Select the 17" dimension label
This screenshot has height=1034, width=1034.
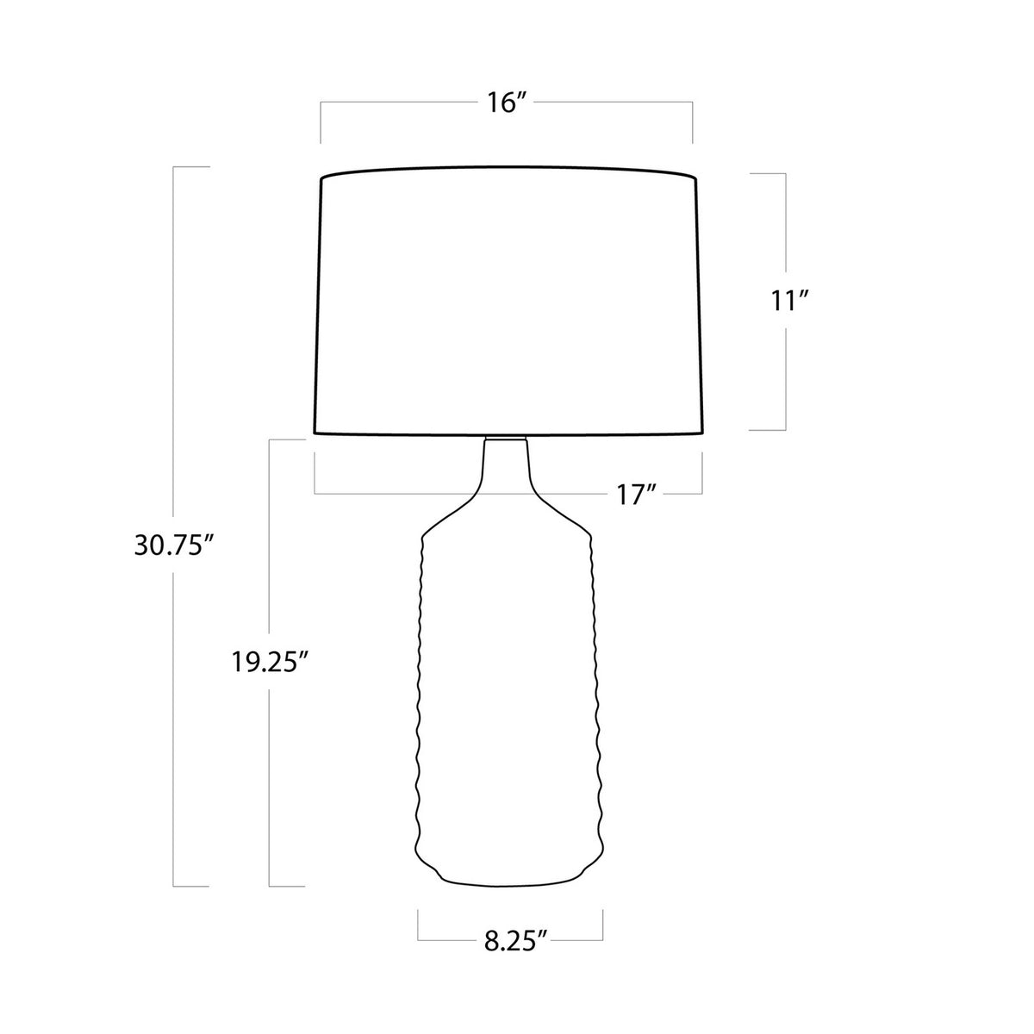pyautogui.click(x=637, y=495)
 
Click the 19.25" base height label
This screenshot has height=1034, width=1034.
pyautogui.click(x=271, y=662)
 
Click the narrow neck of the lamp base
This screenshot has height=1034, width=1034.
pyautogui.click(x=506, y=462)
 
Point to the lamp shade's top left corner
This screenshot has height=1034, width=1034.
pyautogui.click(x=321, y=178)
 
